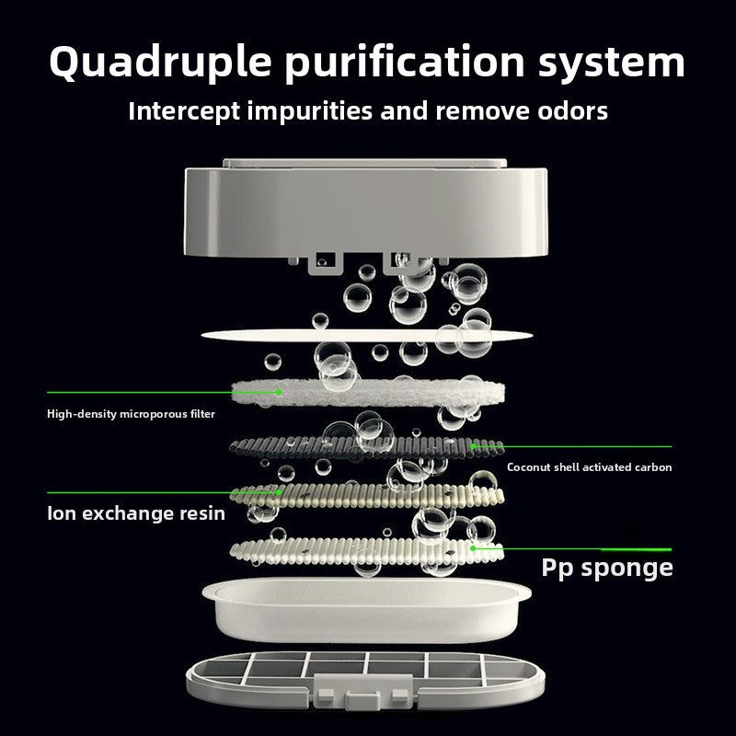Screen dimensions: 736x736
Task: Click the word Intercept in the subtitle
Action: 184,111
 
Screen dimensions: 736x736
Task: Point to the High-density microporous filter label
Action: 131,413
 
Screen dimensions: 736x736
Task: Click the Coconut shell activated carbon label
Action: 589,467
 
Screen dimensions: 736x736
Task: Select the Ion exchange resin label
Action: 136,513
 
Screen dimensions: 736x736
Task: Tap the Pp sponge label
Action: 607,568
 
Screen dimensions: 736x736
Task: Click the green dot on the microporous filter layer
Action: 279,392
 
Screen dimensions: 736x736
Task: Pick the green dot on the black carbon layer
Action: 473,446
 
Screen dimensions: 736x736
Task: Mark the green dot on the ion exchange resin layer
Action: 280,492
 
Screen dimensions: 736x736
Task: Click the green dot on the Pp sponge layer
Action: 473,547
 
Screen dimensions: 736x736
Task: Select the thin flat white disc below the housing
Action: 366,335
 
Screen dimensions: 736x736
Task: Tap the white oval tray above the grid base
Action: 366,609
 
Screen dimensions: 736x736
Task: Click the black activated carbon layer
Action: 366,447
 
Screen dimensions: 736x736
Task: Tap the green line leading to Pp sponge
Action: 572,548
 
